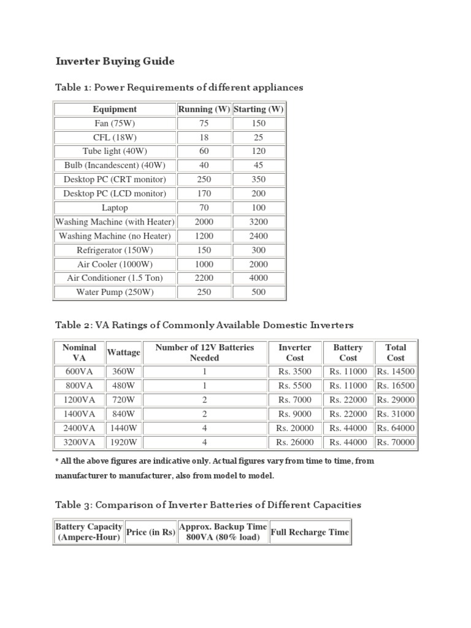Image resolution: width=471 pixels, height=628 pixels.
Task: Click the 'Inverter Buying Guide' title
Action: [x=115, y=61]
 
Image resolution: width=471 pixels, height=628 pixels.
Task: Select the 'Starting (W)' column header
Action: [x=259, y=109]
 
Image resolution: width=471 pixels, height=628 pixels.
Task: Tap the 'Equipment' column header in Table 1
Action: [x=115, y=109]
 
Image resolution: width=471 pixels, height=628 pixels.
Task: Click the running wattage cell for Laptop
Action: [x=204, y=208]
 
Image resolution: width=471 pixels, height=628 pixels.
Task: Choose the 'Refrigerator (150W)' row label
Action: [x=115, y=250]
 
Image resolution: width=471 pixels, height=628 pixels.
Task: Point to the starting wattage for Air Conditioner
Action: [x=259, y=278]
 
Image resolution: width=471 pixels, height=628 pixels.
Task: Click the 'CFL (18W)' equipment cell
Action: [x=115, y=137]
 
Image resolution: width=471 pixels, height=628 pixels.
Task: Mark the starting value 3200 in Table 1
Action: [x=259, y=222]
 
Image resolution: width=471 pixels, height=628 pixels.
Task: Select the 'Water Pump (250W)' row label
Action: [x=115, y=292]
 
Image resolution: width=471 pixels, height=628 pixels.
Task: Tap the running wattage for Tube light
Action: [x=204, y=151]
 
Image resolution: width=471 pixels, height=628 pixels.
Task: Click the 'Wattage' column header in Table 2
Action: [x=123, y=353]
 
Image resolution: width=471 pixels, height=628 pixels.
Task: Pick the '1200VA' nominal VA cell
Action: [x=80, y=400]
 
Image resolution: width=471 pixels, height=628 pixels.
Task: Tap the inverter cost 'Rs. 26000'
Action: [x=294, y=442]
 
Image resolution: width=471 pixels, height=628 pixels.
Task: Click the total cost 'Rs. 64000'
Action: [x=396, y=428]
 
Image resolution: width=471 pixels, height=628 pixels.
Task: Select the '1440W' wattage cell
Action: [x=123, y=428]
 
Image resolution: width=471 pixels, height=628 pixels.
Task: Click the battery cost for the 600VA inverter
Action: [x=348, y=372]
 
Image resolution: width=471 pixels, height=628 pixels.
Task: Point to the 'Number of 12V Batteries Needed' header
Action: [x=204, y=353]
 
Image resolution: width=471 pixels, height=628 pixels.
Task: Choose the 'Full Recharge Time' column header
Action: [x=309, y=532]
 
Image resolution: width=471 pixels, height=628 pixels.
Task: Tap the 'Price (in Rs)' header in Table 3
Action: [x=150, y=532]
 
